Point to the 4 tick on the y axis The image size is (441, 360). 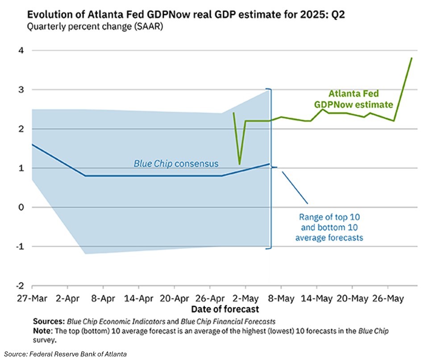point(21,50)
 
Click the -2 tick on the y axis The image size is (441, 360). point(20,286)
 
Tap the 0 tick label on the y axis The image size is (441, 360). point(21,207)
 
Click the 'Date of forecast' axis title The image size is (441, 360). point(225,309)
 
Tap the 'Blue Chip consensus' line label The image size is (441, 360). point(176,164)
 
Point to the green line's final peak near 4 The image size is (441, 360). point(412,58)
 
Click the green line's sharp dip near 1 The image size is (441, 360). point(240,164)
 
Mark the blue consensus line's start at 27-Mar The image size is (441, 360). point(32,144)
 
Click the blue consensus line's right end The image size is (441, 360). point(269,164)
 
